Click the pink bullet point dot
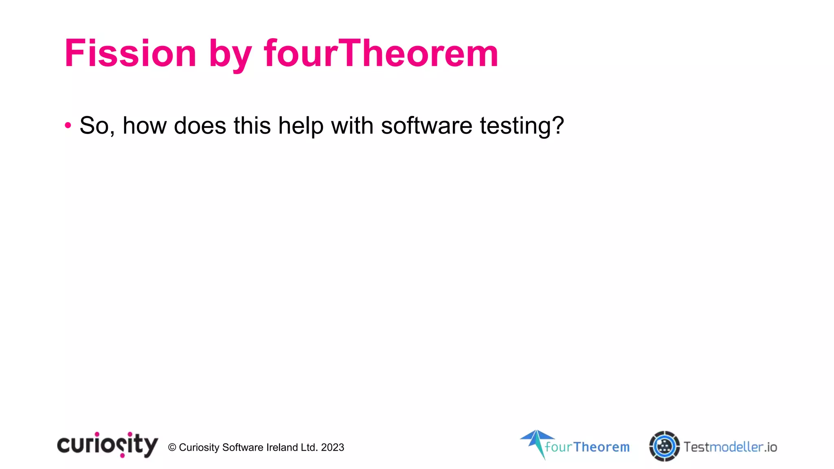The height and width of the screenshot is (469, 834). (68, 125)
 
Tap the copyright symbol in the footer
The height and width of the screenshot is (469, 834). (172, 447)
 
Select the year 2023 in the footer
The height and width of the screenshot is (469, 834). (332, 447)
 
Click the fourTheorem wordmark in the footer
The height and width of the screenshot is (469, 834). (587, 447)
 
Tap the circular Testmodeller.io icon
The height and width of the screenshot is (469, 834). (664, 446)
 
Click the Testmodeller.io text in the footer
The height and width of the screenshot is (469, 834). (730, 447)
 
